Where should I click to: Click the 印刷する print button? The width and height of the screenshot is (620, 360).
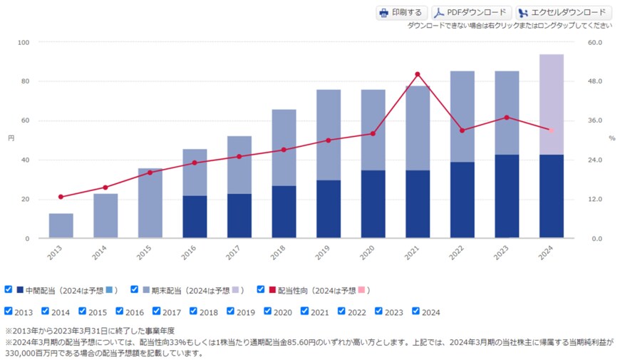pos(401,13)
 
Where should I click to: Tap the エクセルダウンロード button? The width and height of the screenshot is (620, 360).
pos(563,13)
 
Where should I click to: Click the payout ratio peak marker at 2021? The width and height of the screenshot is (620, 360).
pos(418,74)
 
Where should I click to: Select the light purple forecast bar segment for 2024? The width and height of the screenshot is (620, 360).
pos(552,104)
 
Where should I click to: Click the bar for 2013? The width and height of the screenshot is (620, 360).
pos(61,225)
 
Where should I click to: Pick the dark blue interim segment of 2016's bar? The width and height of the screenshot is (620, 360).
pos(195,217)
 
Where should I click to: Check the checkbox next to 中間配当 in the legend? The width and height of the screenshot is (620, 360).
pos(9,289)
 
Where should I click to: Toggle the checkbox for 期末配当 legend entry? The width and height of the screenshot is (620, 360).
pos(135,289)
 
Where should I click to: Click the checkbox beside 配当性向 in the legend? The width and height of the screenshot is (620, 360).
pos(262,289)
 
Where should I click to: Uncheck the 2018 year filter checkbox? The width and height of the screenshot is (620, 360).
pos(194,312)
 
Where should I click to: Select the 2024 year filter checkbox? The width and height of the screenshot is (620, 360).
pos(416,312)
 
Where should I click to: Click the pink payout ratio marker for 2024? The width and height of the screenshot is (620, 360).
pos(552,130)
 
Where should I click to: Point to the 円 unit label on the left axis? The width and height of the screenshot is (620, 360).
pos(11,137)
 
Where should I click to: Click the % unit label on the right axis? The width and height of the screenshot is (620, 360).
pos(611,138)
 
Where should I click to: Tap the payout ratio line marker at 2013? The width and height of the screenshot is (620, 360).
pos(61,197)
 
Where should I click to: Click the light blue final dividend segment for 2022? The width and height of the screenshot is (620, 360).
pos(463,116)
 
